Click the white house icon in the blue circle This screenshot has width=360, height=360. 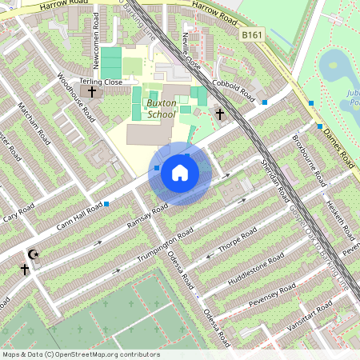(x=180, y=173)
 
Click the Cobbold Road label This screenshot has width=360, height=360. (x=234, y=91)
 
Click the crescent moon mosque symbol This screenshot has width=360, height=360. (x=33, y=255)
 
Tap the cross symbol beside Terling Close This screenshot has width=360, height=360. (x=91, y=92)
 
